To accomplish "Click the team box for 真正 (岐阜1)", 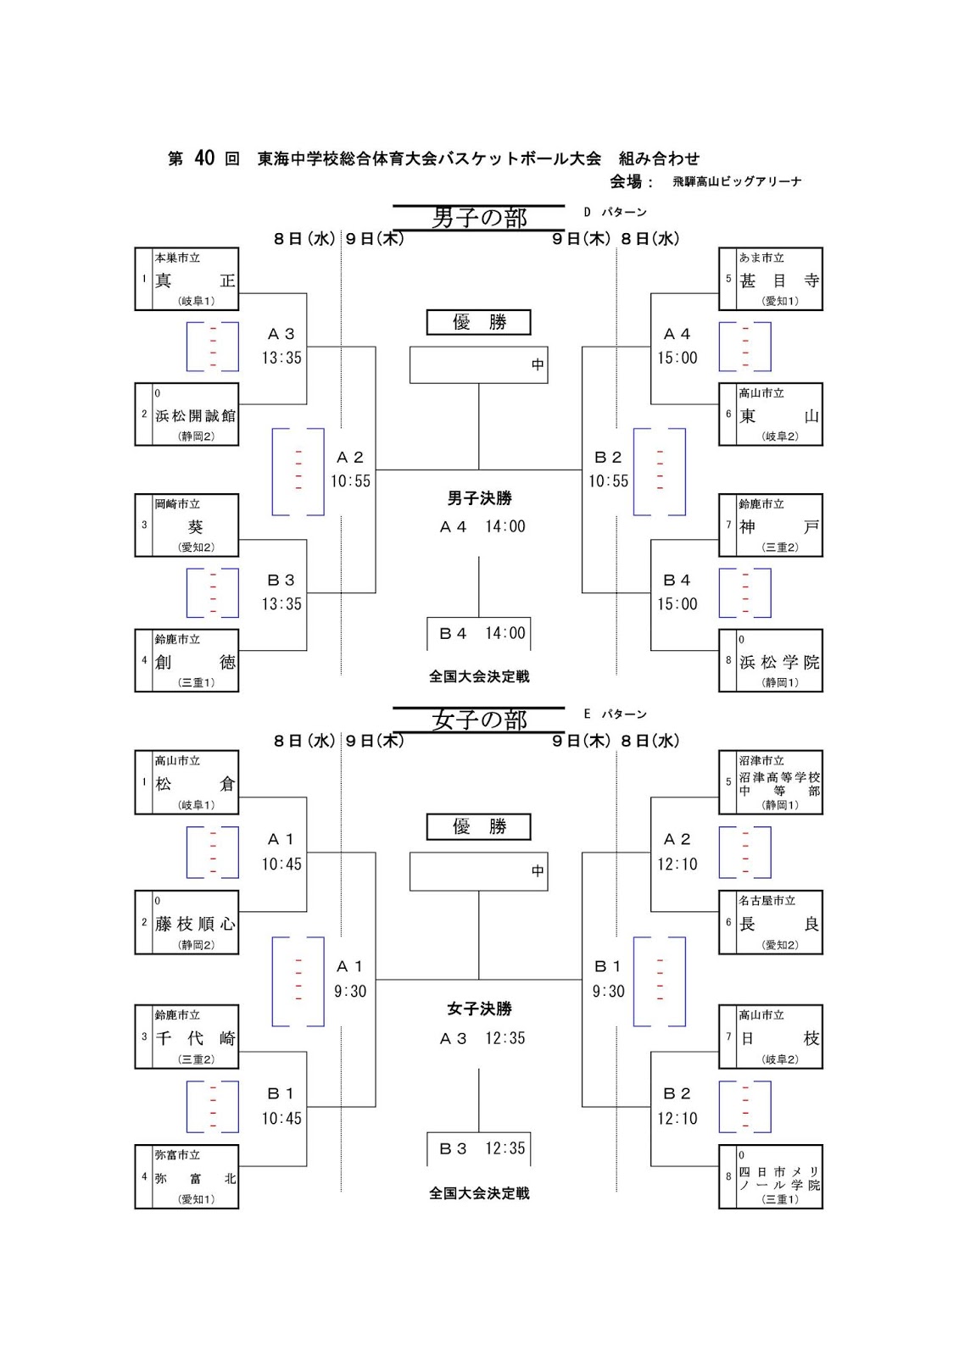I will [187, 279].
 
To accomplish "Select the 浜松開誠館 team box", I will [187, 414].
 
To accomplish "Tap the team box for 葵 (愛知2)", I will [187, 525].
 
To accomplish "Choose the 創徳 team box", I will [187, 661].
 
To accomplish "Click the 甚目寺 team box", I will [771, 279].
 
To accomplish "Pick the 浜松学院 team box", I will [771, 661].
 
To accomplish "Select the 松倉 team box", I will [187, 782].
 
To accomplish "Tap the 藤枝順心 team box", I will [187, 923].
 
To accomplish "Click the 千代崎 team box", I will [187, 1037].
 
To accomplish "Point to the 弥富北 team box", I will [187, 1177].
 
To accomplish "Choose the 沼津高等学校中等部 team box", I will [771, 782].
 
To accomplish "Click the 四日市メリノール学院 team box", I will [771, 1177].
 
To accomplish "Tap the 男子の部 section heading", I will [479, 218].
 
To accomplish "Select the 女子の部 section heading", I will [479, 720].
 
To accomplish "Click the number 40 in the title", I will [204, 158].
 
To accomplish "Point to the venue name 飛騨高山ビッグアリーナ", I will [737, 181].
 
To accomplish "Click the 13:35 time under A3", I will [282, 358].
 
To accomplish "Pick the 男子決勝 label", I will [479, 498].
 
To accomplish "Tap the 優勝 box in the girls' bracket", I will [478, 826].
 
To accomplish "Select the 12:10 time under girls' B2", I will [677, 1119].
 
